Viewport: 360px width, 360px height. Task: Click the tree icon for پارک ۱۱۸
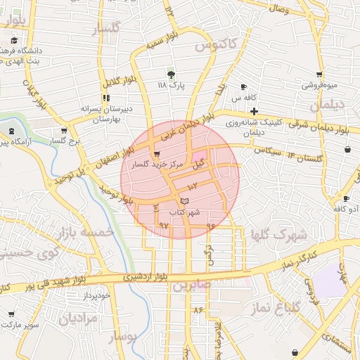coord(172,74)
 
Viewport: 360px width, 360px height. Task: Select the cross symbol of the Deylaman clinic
coord(253,111)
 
